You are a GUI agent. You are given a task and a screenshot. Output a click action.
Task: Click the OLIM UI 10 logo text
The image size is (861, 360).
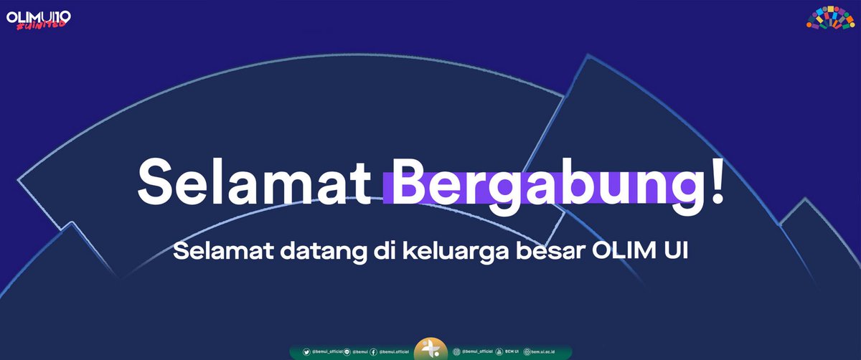[x=39, y=16]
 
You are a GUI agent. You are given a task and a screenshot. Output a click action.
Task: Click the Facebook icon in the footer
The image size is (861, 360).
[x=374, y=352]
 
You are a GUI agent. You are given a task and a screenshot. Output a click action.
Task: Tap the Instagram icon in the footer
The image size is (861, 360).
[x=456, y=352]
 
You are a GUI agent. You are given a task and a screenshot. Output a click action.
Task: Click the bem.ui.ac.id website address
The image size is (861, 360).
[x=546, y=352]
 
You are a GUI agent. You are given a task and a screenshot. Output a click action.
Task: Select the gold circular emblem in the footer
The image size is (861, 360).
[x=430, y=349]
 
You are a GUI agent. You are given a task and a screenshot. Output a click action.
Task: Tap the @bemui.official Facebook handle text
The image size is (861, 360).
[x=394, y=352]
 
